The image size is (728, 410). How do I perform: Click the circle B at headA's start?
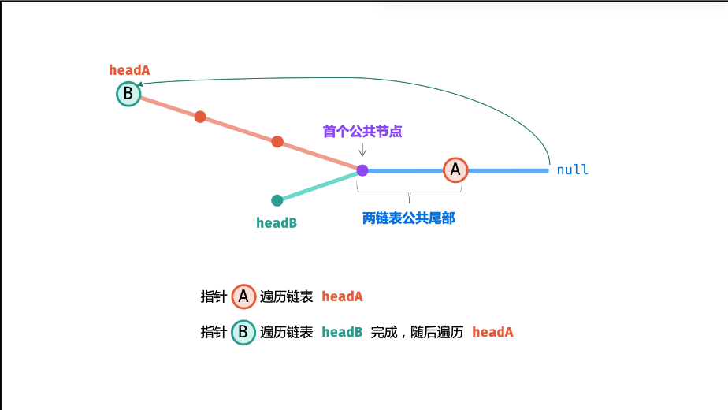[128, 95]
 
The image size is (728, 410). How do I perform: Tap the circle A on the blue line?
[455, 170]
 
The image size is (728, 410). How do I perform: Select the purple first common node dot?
[362, 170]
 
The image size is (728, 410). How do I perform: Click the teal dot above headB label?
[277, 200]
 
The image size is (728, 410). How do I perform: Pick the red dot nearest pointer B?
[200, 117]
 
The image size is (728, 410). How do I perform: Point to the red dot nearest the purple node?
[277, 142]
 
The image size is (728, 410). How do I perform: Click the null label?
[572, 170]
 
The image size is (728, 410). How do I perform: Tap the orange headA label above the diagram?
[129, 70]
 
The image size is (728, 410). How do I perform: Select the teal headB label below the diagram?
[277, 223]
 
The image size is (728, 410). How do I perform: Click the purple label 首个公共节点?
[362, 131]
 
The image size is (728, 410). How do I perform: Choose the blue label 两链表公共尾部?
[408, 218]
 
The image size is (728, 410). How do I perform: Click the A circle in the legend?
[243, 296]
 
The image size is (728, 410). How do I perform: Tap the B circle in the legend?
[243, 332]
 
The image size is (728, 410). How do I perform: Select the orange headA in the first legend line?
[342, 297]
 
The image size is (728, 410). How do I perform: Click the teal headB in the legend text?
[342, 333]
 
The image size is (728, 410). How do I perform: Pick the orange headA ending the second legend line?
[492, 333]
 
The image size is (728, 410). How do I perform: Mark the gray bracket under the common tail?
[408, 190]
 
